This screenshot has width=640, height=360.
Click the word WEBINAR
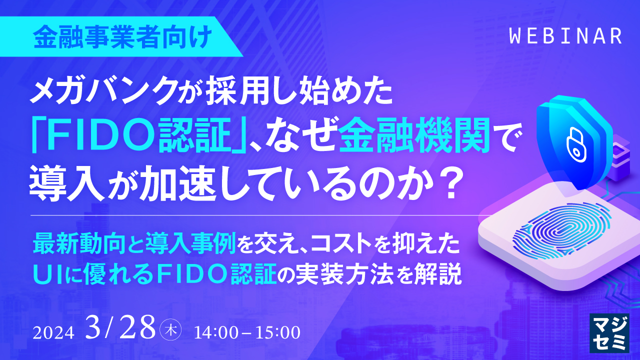click(565, 36)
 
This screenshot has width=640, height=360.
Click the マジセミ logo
click(609, 333)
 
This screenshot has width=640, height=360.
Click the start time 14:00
click(215, 332)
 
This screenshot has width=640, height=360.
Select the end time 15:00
click(279, 332)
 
